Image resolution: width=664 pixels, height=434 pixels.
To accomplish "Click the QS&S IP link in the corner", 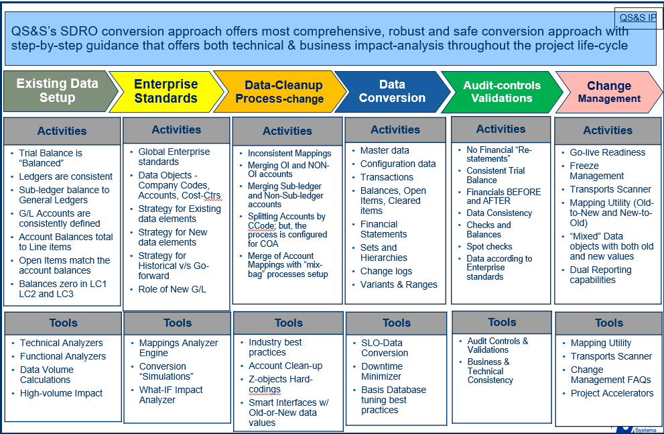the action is [638, 18].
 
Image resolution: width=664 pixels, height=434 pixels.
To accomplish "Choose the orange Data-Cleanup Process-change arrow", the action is [280, 91].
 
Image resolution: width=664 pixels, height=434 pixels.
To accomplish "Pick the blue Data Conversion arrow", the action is [393, 91].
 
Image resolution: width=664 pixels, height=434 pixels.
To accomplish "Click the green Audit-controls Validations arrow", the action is [502, 92].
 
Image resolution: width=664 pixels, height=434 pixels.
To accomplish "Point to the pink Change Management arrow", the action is [609, 92].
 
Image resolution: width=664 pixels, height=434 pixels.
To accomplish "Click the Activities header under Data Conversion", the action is [395, 129].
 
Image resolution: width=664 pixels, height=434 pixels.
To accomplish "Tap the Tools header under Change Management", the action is [608, 323].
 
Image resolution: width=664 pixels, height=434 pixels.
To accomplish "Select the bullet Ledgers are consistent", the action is [66, 176].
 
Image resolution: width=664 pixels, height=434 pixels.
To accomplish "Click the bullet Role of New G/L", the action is [172, 290].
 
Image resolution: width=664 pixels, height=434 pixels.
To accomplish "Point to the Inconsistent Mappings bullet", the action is [289, 154].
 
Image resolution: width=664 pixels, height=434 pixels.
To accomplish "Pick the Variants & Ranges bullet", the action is [399, 285].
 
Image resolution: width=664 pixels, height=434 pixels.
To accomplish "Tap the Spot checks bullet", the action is [489, 247].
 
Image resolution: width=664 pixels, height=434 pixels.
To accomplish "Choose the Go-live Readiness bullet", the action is [607, 152].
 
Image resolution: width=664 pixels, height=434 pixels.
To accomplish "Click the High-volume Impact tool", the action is [61, 394].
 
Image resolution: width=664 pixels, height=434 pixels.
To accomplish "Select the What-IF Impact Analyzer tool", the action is [171, 395].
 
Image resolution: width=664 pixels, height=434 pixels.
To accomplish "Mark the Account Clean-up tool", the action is [285, 366].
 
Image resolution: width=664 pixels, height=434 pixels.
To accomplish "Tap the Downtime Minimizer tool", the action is [381, 371].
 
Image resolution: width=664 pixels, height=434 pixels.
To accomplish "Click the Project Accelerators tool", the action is [612, 393].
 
